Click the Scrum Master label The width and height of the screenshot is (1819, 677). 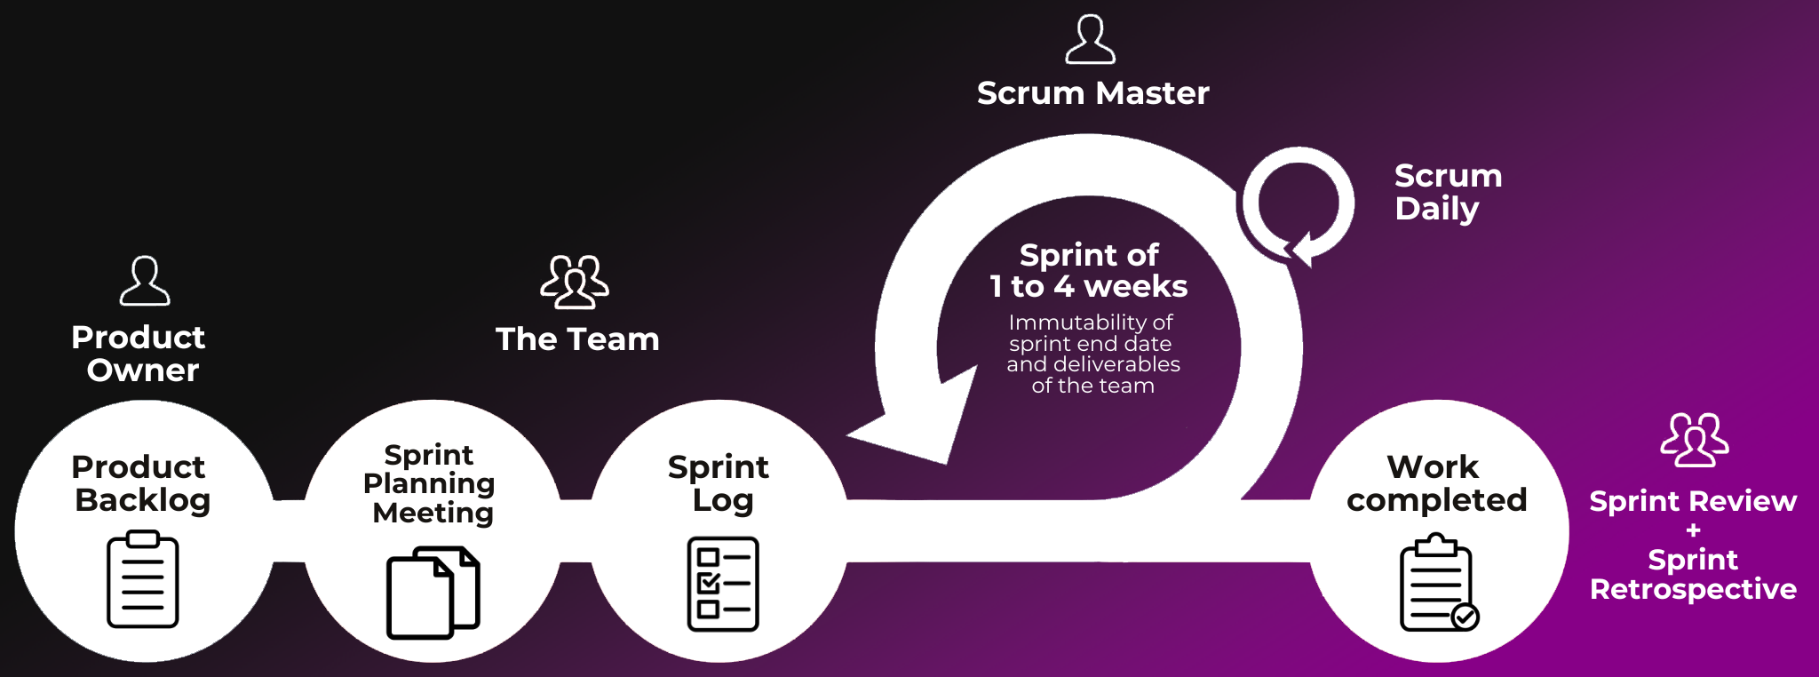coord(1092,93)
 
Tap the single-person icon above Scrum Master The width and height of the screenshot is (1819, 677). coord(1090,39)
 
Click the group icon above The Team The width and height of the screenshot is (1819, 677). coord(575,282)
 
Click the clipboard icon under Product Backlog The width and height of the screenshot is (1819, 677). coord(143,579)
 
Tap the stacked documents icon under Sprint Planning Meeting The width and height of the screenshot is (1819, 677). coord(433,592)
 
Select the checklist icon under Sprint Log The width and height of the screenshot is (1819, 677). coord(723,584)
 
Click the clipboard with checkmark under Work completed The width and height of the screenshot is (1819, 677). coord(1438,583)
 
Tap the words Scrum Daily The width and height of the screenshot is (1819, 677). coord(1447,192)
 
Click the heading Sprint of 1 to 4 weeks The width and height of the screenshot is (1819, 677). coord(1089,270)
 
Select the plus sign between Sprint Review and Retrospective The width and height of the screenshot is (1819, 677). coord(1693,530)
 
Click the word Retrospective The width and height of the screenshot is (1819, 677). coord(1693,589)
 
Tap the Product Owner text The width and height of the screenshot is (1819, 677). coord(139,354)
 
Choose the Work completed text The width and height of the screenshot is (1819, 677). coord(1435,483)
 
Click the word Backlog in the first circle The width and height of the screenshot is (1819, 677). coord(143,500)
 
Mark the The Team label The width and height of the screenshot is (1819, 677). coord(577,339)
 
